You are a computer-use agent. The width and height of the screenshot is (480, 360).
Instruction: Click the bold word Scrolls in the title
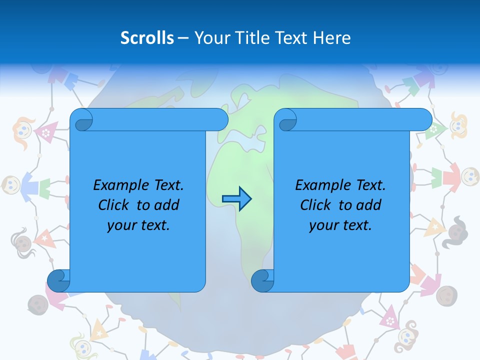pos(147,38)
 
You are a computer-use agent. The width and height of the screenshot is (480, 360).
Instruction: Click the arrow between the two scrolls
pos(236,199)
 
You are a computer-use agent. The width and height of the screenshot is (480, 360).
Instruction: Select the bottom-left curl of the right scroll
pos(262,281)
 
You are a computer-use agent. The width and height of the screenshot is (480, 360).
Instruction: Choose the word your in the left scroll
pos(121,225)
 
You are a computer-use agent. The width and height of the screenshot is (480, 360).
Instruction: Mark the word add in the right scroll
pos(369,205)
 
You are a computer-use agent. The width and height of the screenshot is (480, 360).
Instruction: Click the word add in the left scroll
pos(167,205)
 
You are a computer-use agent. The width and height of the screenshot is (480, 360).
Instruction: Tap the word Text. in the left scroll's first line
pos(166,185)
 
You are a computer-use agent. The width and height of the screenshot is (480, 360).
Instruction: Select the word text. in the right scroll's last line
pos(355,225)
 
